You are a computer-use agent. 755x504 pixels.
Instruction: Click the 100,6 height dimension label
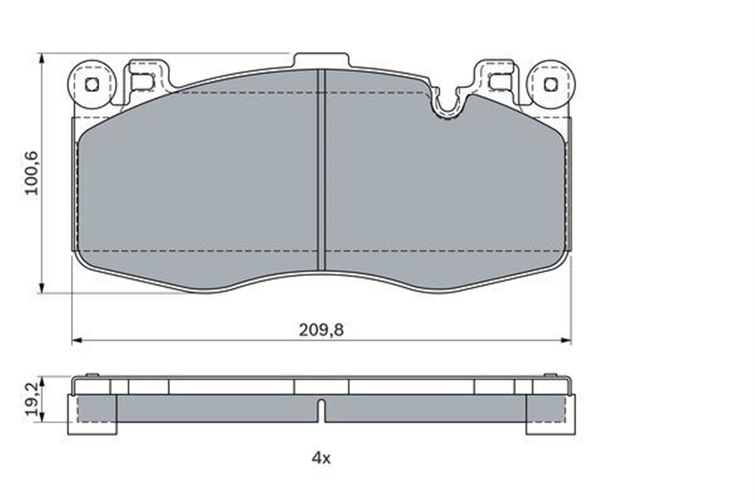pyautogui.click(x=32, y=173)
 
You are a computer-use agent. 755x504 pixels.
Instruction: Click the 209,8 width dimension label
pyautogui.click(x=321, y=330)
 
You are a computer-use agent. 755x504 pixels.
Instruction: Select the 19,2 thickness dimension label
pyautogui.click(x=32, y=399)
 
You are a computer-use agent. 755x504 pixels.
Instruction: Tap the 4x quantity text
pyautogui.click(x=321, y=459)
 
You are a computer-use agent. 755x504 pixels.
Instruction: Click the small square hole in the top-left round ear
pyautogui.click(x=92, y=84)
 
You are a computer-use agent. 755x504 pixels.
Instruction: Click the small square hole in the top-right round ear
pyautogui.click(x=551, y=84)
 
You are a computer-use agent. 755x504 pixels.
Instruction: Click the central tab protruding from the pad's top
pyautogui.click(x=321, y=60)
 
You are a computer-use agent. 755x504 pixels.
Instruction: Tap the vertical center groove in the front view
pyautogui.click(x=321, y=170)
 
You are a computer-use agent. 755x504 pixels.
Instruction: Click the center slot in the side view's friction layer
pyautogui.click(x=321, y=411)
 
